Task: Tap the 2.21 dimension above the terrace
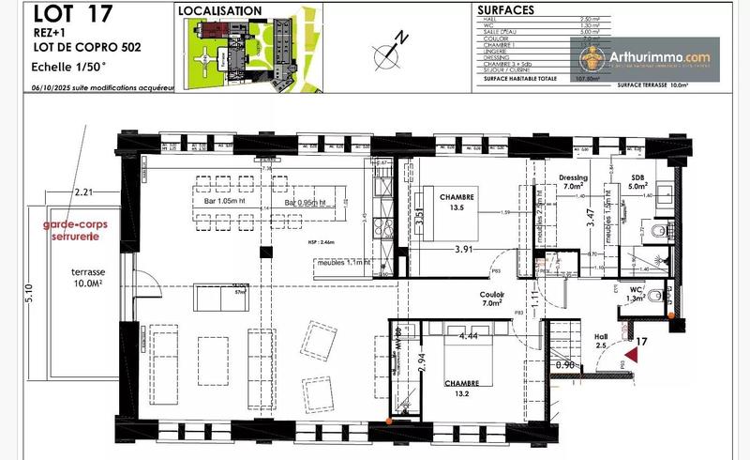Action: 86,192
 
